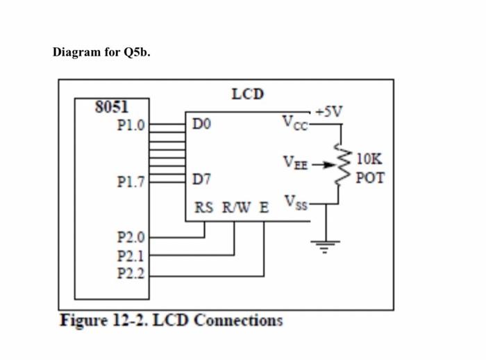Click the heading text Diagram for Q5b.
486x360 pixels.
coord(101,54)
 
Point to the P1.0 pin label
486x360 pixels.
coord(131,126)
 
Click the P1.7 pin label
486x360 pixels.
coord(131,183)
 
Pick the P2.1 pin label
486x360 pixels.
coord(131,255)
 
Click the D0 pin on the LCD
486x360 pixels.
coord(201,124)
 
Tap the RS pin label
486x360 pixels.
coord(204,208)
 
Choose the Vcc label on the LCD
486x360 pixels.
coord(294,122)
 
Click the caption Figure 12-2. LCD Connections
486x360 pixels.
coord(171,320)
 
